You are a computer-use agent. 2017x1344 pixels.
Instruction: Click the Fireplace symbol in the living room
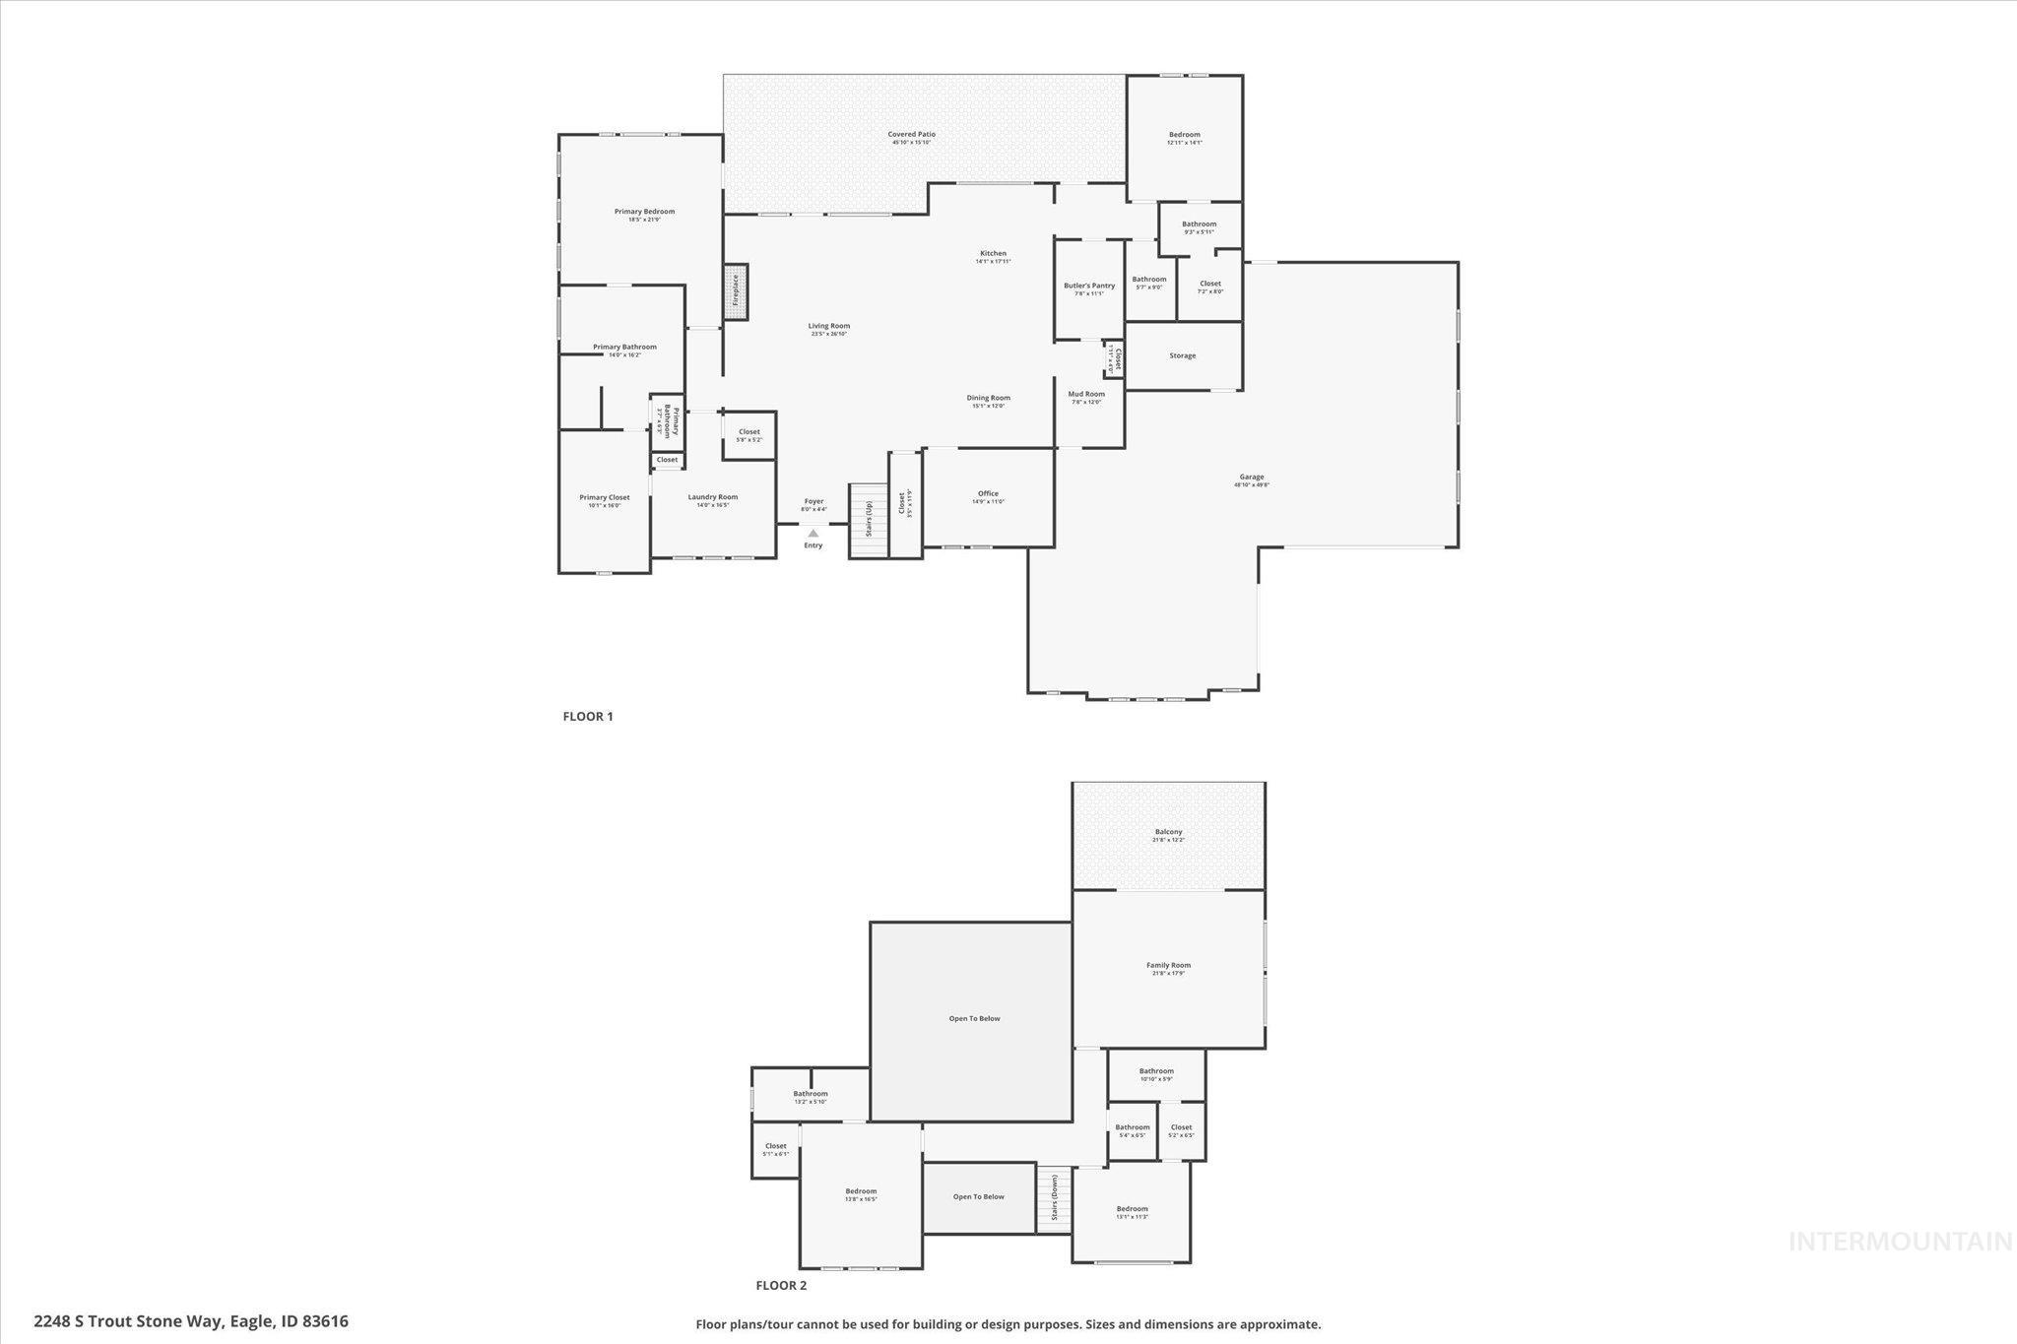tap(735, 291)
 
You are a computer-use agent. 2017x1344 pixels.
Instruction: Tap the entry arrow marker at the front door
tap(813, 534)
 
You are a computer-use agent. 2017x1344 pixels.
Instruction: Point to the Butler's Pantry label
tap(1089, 287)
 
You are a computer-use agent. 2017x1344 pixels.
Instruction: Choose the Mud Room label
tap(1086, 395)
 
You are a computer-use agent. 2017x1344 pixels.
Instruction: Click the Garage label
tap(1252, 478)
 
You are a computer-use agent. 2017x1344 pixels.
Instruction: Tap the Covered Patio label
tap(911, 135)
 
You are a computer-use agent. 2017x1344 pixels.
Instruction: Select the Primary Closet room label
tap(604, 498)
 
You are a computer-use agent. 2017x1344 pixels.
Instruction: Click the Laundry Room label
tap(712, 498)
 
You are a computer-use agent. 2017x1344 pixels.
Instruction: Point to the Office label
tap(988, 494)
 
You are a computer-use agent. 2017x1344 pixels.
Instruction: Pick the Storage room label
tap(1183, 355)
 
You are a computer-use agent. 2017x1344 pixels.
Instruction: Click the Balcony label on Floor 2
tap(1168, 833)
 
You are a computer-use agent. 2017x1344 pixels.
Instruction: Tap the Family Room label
tap(1168, 966)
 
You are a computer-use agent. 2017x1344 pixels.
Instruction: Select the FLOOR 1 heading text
tap(588, 717)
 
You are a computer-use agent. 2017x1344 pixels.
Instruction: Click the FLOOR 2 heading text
tap(781, 1285)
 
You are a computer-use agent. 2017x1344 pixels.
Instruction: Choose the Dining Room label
tap(988, 399)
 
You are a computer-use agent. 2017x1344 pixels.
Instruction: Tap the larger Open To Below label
tap(974, 1019)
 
